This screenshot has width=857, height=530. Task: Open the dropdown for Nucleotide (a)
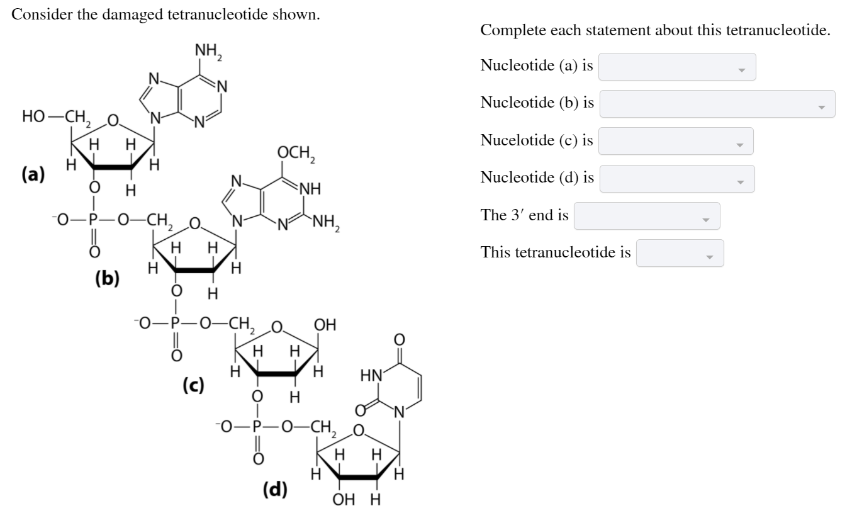[x=677, y=67]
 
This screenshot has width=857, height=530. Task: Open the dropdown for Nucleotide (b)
[x=717, y=104]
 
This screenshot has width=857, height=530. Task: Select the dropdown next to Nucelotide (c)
[x=676, y=142]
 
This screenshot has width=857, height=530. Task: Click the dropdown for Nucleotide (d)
[x=676, y=179]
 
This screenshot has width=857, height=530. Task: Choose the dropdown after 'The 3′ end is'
[x=647, y=216]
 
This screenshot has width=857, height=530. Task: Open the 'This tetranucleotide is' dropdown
[x=680, y=253]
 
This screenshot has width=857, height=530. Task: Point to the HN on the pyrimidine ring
[x=371, y=376]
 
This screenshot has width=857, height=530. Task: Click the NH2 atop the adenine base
[x=209, y=50]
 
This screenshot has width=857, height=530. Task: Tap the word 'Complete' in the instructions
[x=510, y=30]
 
